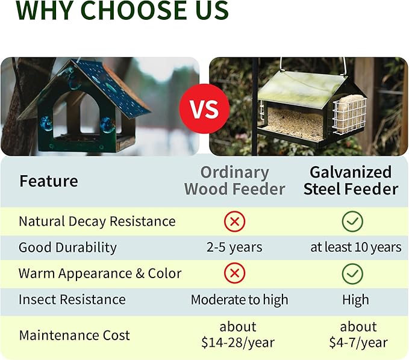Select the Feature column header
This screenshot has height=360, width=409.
click(48, 181)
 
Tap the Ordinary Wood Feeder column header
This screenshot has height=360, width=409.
click(234, 181)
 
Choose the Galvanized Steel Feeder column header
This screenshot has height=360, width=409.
click(351, 181)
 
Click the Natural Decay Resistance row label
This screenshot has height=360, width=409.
click(97, 221)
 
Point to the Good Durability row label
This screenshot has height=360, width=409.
click(67, 247)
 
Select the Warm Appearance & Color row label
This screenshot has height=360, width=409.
click(99, 273)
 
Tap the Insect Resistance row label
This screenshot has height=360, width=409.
click(72, 300)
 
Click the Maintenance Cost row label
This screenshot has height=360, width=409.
click(74, 335)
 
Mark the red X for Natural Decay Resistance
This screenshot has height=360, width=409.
click(234, 222)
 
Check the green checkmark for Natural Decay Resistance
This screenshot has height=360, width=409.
click(352, 222)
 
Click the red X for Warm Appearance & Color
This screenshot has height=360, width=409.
click(234, 274)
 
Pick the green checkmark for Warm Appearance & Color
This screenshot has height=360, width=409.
click(352, 274)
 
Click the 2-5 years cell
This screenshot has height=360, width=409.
click(234, 247)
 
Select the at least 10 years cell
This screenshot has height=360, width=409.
click(355, 247)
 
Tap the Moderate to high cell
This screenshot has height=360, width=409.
click(239, 300)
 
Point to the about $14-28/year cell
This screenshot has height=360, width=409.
click(237, 335)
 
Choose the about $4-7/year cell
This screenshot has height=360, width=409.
click(358, 335)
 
